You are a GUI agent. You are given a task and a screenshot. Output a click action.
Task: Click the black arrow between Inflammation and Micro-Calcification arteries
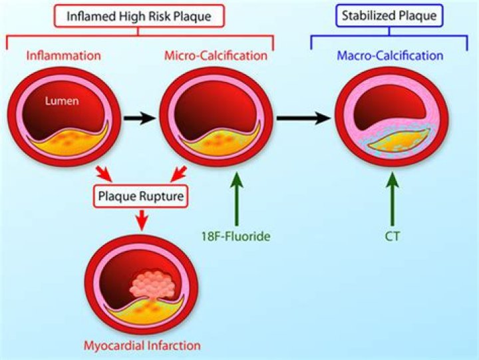point(138,118)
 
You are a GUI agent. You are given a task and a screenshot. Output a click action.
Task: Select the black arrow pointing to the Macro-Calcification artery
point(303,118)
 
